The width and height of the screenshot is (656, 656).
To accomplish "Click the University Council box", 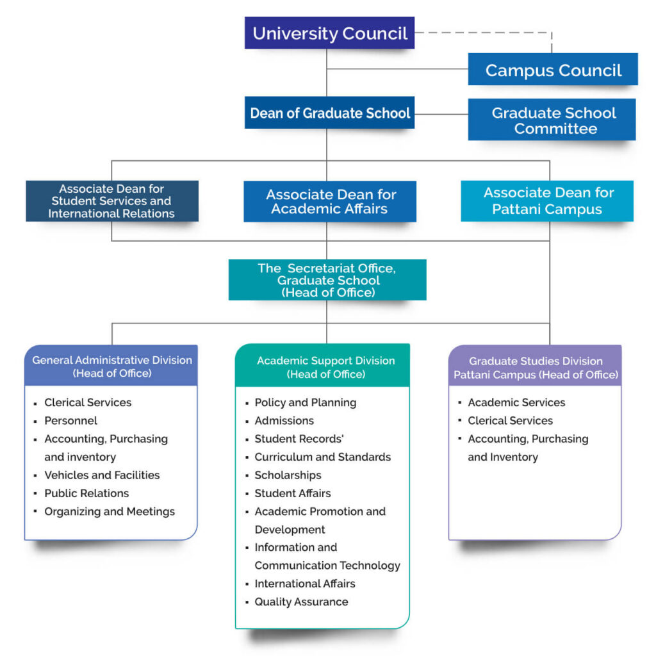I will pos(329,33).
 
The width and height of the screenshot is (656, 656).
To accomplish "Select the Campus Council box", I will pos(553,70).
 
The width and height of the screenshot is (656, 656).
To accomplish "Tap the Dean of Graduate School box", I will pos(329,113).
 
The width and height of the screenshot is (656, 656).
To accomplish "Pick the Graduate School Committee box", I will pos(552,120).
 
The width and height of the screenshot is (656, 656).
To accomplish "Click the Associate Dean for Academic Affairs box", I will pos(329,201).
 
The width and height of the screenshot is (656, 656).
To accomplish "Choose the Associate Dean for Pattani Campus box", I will pos(547,201).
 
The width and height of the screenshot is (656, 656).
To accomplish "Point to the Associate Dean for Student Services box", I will pos(112,201).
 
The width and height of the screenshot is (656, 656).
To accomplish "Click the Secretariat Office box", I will pos(327,279).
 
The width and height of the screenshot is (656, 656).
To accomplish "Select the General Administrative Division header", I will pos(111,366).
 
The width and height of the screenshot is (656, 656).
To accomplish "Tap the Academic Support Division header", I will pos(325,366).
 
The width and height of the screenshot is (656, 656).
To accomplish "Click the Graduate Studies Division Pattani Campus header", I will pos(535,367).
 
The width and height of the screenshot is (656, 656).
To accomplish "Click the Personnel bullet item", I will pos(70,421).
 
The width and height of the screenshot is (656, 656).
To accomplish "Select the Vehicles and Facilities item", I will pos(102,475).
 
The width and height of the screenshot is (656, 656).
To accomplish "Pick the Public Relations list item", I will pos(86,493).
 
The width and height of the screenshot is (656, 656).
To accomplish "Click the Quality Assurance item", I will pos(301,602).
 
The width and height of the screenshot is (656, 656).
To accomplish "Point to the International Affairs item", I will pos(304,584).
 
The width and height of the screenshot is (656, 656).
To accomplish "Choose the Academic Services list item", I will pos(516,403).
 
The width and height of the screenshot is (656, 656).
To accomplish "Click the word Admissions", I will pos(284,421).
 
